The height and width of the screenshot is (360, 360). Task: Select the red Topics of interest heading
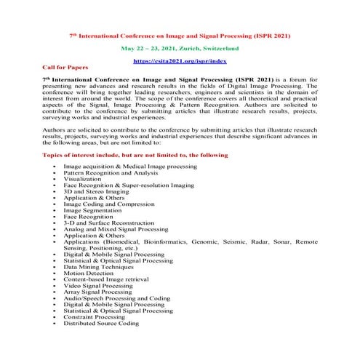coord(135,155)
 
